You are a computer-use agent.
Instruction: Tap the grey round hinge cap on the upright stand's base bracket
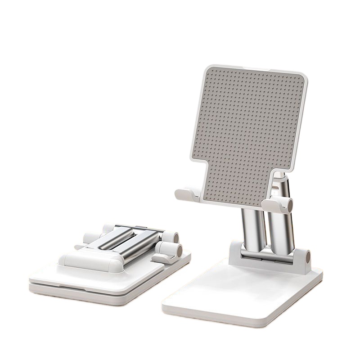point(309,258)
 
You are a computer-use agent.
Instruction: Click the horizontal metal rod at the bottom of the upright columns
point(265,256)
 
